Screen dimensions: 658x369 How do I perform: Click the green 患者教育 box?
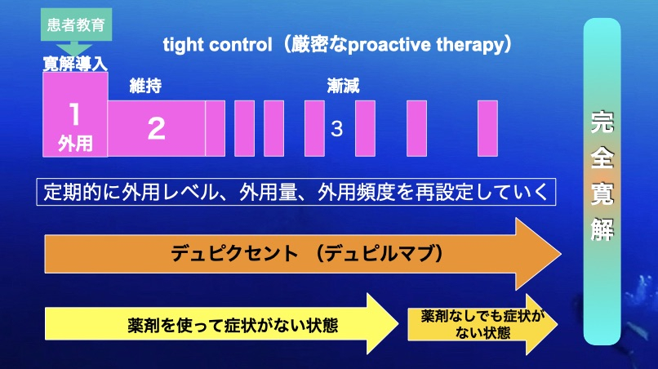76,24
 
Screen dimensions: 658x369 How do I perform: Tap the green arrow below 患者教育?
73,48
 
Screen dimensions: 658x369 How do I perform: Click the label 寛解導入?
76,64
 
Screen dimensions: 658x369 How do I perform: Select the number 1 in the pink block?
74,114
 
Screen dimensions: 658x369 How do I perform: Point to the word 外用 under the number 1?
75,144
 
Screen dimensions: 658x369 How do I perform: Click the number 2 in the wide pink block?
156,128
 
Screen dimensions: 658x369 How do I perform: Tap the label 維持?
145,86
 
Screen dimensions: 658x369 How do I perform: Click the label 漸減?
343,86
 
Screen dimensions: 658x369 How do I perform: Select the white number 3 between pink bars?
336,129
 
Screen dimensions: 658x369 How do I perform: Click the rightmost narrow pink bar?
487,128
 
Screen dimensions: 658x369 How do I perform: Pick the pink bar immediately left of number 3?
315,128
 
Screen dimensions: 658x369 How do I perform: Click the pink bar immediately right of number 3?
365,128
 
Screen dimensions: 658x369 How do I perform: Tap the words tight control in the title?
217,45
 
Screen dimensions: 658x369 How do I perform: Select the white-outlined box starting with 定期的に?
296,192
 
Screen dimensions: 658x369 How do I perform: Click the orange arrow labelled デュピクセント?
303,254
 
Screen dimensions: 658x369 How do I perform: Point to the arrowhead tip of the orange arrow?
561,254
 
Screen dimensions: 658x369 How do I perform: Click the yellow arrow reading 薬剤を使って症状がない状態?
221,324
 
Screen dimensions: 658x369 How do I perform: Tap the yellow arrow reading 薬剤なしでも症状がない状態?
482,324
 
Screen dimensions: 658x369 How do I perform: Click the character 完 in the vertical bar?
602,122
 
